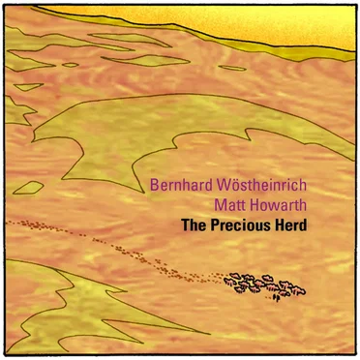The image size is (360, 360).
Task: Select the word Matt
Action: pyautogui.click(x=228, y=205)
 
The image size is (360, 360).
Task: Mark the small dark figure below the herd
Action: pyautogui.click(x=277, y=296)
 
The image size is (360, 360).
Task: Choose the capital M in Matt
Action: pyautogui.click(x=219, y=205)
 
